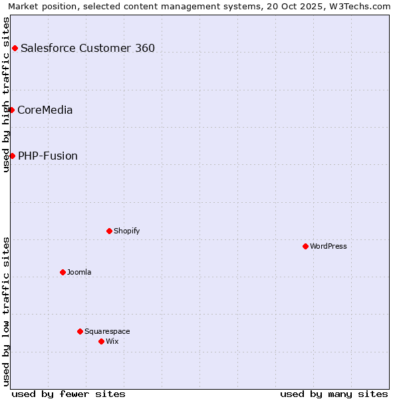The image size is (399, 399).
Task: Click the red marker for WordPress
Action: [x=305, y=246]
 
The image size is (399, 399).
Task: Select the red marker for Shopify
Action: [x=109, y=231]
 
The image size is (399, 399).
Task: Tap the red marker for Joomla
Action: [x=63, y=272]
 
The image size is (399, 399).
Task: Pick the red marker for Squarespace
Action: [x=80, y=331]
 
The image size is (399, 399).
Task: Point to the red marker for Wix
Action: [x=101, y=341]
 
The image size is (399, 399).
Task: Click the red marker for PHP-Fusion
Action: [x=12, y=156]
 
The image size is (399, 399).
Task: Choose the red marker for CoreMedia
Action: [x=11, y=110]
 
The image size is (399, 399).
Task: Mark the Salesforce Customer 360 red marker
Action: [x=15, y=48]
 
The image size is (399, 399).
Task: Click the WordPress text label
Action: [x=329, y=246]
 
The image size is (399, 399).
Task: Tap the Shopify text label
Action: [x=126, y=231]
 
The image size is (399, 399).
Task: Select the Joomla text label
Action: [x=79, y=272]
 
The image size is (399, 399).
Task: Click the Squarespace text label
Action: [x=107, y=331]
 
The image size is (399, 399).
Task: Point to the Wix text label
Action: [x=112, y=341]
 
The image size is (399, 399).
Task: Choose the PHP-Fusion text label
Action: [x=48, y=156]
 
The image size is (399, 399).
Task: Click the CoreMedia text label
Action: [x=45, y=110]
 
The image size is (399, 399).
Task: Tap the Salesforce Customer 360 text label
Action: [x=88, y=48]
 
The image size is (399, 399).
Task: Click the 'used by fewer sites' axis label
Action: [x=68, y=394]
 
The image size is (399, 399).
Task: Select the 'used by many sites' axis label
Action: [x=334, y=394]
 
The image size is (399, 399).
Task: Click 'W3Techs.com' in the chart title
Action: [x=362, y=7]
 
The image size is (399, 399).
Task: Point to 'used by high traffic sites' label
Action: [x=6, y=94]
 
